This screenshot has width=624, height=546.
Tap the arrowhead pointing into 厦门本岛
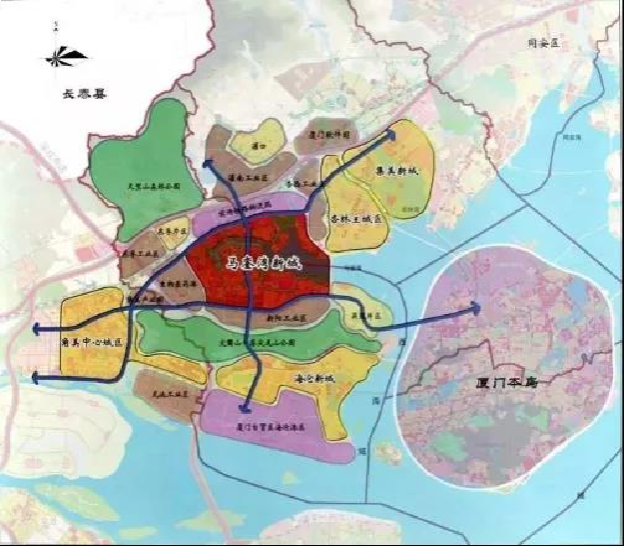[x=476, y=308]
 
